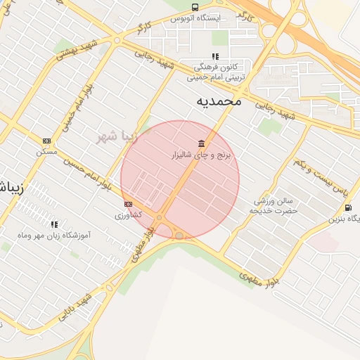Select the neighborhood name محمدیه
click(x=218, y=101)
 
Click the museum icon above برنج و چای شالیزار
click(x=202, y=143)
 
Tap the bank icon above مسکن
click(x=47, y=141)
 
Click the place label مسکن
click(x=47, y=150)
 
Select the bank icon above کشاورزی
click(x=128, y=204)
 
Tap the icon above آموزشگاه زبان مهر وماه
click(x=54, y=224)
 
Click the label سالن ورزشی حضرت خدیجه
click(x=276, y=205)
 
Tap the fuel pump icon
click(x=349, y=207)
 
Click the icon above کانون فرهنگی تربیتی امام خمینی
click(x=215, y=56)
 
